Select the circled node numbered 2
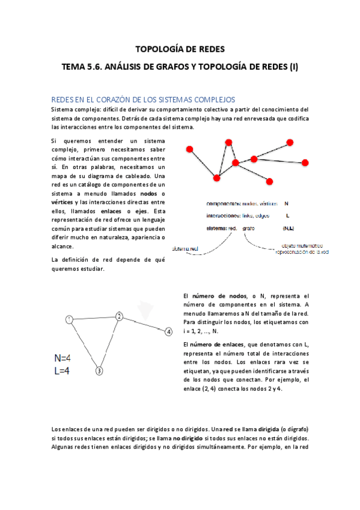pyautogui.click(x=119, y=315)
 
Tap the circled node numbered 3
pyautogui.click(x=99, y=371)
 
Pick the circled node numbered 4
pyautogui.click(x=169, y=331)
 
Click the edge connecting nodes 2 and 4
pyautogui.click(x=144, y=324)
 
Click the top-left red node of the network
pyautogui.click(x=190, y=149)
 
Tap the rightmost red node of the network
pyautogui.click(x=305, y=162)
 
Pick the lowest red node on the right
pyautogui.click(x=269, y=181)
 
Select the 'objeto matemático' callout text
pyautogui.click(x=302, y=246)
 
